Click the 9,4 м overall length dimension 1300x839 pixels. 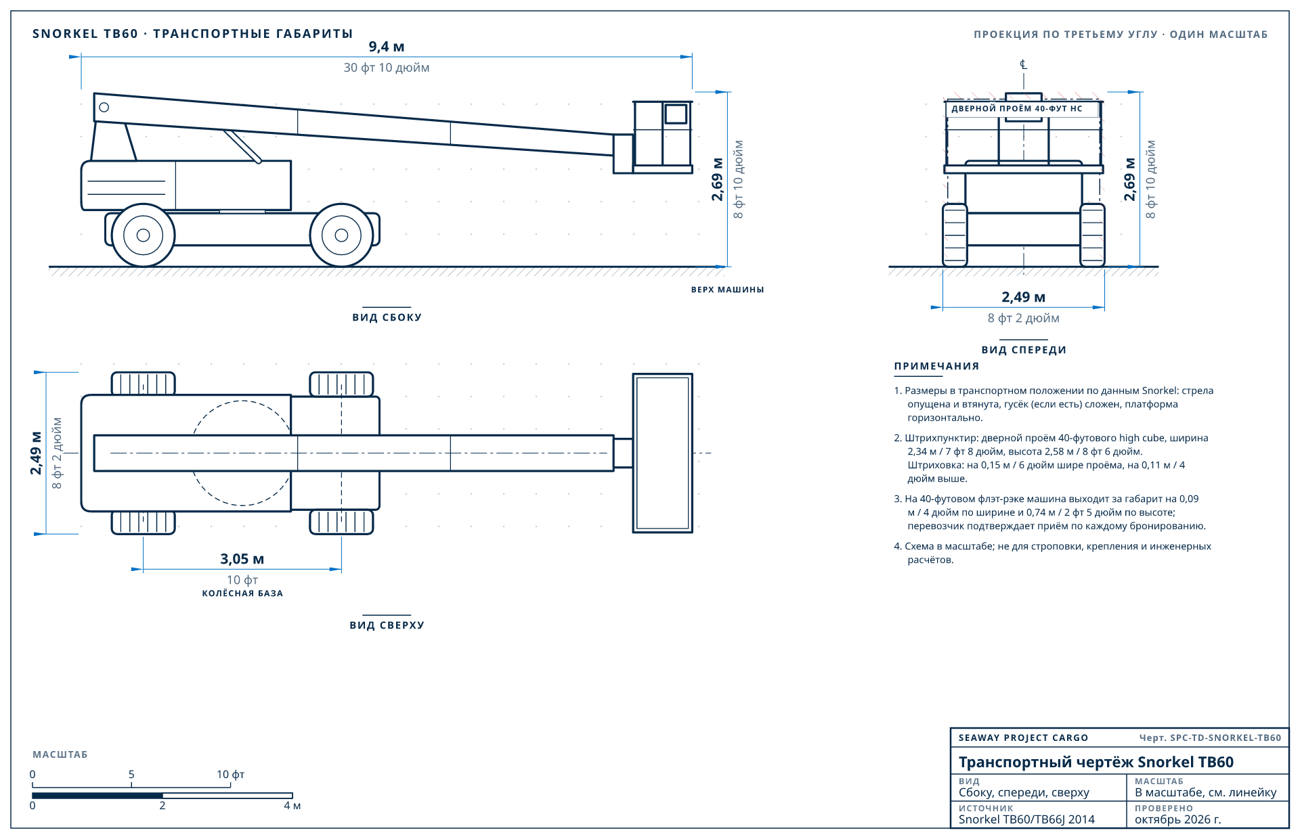[387, 47]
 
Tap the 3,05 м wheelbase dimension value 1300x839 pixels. [242, 559]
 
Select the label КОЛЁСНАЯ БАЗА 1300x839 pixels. [242, 593]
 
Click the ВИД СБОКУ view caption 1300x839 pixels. [387, 317]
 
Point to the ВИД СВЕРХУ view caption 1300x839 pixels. [387, 625]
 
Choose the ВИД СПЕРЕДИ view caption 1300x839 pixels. [1024, 350]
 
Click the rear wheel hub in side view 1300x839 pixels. [143, 235]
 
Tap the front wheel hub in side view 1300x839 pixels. [341, 235]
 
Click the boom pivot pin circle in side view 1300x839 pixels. [104, 107]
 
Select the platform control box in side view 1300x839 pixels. [676, 114]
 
